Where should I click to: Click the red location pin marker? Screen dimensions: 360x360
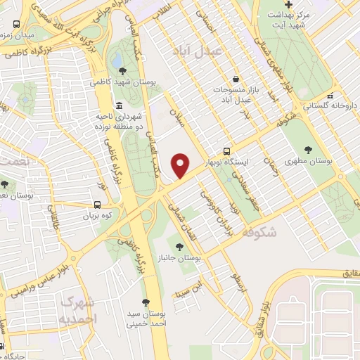pos(181,165)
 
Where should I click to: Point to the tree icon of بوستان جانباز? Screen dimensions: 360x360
pos(180,247)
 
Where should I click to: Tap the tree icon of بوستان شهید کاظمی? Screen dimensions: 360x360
pos(123,70)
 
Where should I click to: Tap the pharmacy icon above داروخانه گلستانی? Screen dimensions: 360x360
pos(329,95)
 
